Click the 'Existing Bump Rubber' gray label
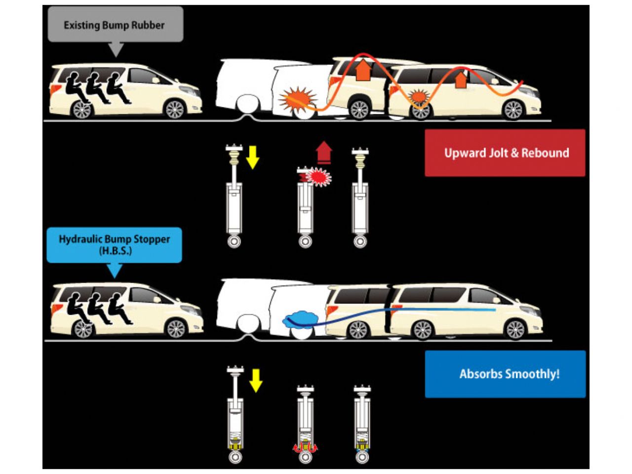115,25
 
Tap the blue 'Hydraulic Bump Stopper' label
114,244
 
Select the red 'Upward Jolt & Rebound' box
505,153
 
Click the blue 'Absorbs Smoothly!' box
505,374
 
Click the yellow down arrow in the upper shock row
252,157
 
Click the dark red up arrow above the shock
324,152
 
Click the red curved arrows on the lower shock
305,447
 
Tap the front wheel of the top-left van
174,110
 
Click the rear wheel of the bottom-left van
82,329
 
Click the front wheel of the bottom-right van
515,330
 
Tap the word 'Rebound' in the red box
545,153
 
